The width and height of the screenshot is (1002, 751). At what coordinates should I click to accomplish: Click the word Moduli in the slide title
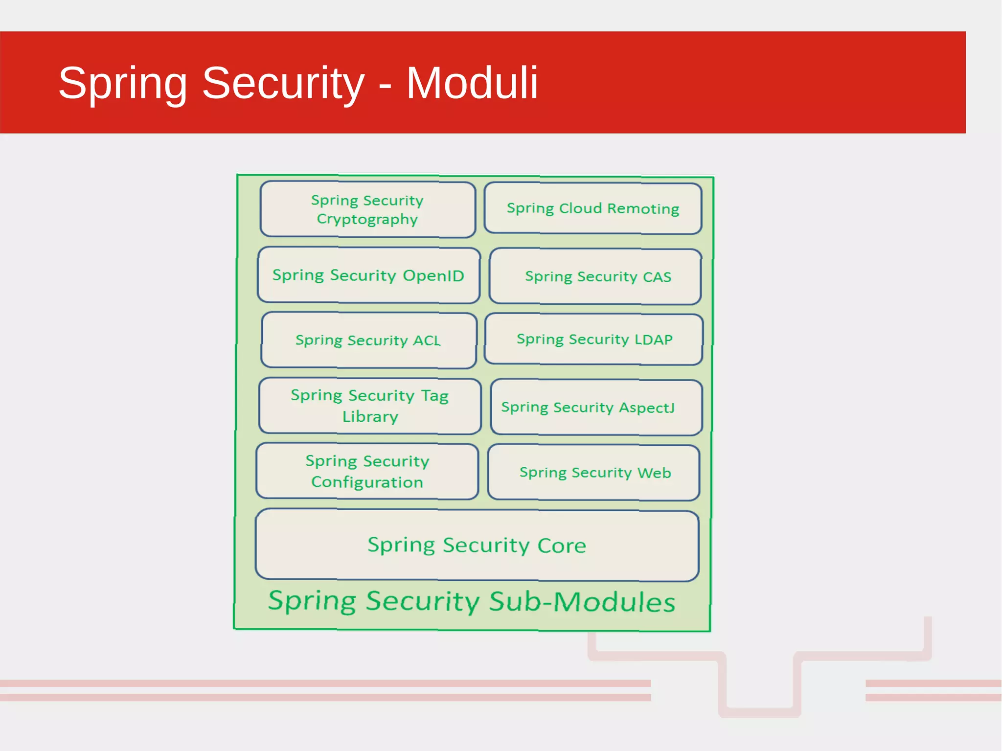point(472,83)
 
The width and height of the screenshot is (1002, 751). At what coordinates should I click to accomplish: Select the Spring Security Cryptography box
point(367,209)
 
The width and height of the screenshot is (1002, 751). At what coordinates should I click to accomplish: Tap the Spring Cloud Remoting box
point(593,208)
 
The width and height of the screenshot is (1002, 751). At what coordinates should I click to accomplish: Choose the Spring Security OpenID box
point(368,275)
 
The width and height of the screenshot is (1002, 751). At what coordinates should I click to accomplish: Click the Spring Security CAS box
point(595,276)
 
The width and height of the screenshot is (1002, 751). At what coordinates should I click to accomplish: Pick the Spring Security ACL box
point(368,340)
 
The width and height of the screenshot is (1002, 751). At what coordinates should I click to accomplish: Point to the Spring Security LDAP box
point(594,339)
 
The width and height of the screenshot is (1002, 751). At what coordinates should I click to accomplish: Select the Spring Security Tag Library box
point(370,406)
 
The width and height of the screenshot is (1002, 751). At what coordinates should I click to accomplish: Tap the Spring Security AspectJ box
point(596,407)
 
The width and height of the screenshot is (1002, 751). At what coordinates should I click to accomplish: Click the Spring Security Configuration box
point(367,471)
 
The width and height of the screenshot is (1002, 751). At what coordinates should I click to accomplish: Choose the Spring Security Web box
point(593,472)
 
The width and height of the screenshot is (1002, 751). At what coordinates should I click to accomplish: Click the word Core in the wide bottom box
point(562,546)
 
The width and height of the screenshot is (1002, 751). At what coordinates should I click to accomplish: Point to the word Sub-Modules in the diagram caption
point(582,601)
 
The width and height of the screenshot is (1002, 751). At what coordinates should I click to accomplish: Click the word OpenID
point(433,275)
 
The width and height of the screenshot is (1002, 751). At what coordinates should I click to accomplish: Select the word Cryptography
point(367,219)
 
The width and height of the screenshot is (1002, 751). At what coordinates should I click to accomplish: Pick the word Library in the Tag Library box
point(370,417)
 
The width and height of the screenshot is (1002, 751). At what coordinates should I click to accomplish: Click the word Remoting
point(643,208)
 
